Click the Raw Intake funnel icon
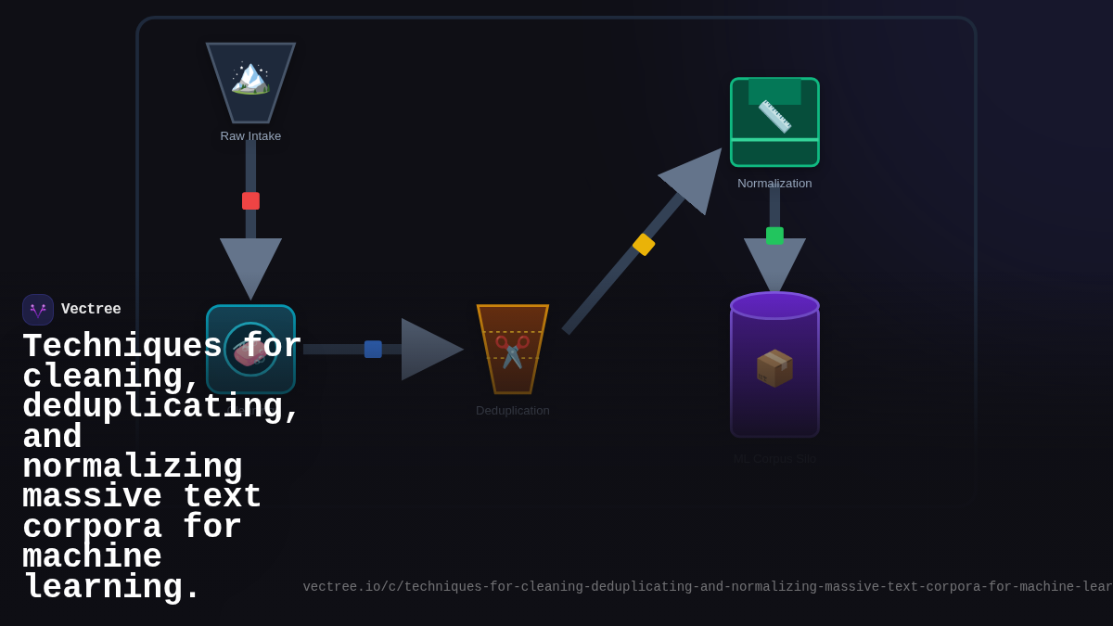tap(250, 82)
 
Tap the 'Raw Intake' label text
tap(250, 136)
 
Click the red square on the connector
tap(250, 201)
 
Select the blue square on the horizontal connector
tap(373, 350)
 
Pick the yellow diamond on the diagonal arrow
tap(644, 245)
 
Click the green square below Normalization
tap(774, 236)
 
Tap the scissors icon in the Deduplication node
tap(512, 351)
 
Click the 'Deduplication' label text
tap(512, 411)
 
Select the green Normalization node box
tap(774, 122)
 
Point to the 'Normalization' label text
tap(774, 184)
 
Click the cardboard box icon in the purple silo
tap(774, 368)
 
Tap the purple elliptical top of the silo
tap(774, 305)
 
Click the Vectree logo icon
tap(38, 310)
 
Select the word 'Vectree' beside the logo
tap(91, 310)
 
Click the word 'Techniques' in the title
tap(122, 347)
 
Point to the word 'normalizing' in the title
tap(133, 467)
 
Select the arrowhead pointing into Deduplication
tap(429, 350)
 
